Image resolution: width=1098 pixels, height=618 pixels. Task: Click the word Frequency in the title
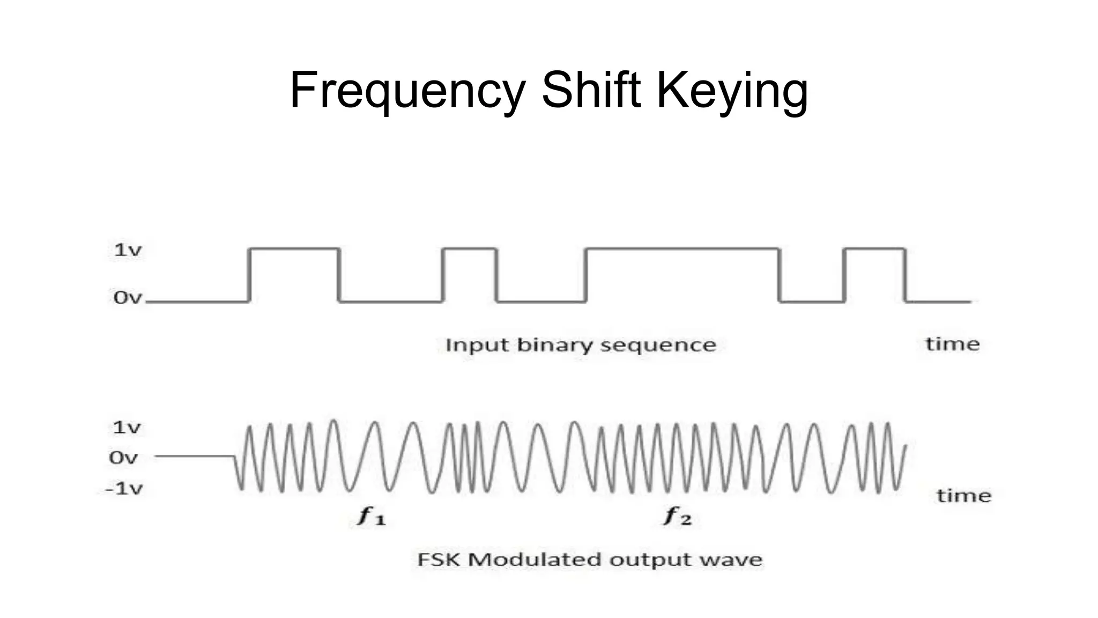[x=407, y=90]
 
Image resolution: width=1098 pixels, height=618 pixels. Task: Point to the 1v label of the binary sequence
[x=128, y=249]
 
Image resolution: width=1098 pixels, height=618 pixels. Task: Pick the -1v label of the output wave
[x=124, y=488]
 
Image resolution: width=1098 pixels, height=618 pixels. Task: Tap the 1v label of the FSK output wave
[x=127, y=428]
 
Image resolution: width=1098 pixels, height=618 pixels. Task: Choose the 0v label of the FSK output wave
[x=123, y=458]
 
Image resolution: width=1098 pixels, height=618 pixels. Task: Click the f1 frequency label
[x=372, y=516]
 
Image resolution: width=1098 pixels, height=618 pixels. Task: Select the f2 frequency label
[x=678, y=516]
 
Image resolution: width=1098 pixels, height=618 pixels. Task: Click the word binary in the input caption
[x=554, y=344]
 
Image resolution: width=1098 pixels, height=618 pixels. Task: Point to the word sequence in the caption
[x=658, y=345]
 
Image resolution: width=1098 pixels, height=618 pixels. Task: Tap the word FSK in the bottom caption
[x=439, y=560]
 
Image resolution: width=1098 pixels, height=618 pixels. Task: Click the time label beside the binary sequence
[x=952, y=344]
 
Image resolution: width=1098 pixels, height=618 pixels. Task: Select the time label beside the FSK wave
[x=963, y=495]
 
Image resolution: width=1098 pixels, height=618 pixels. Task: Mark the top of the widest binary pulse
[x=682, y=248]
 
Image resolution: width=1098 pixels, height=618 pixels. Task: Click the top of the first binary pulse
[x=294, y=248]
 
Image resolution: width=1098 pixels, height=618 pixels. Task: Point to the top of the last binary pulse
[x=874, y=248]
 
